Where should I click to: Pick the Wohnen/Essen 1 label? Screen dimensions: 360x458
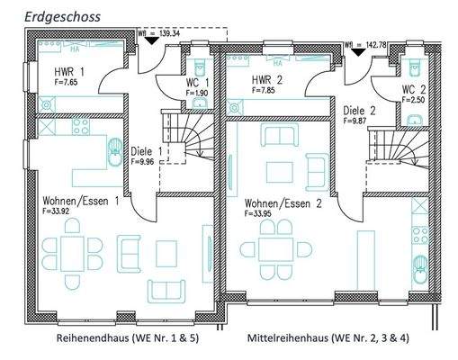click(x=80, y=202)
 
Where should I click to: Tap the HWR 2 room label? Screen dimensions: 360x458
click(x=269, y=80)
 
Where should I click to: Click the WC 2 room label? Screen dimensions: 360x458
click(x=413, y=90)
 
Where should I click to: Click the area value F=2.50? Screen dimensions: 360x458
click(x=413, y=101)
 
